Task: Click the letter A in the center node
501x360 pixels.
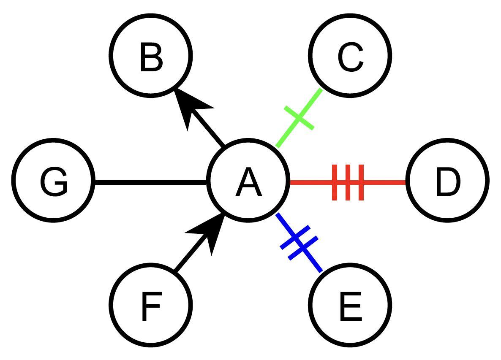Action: [x=249, y=182]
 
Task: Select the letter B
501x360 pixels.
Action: [x=151, y=57]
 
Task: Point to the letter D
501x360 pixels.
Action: [x=447, y=182]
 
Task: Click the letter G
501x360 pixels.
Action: [x=54, y=182]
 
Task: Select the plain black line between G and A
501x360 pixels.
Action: [x=150, y=182]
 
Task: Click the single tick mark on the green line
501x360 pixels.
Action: [x=299, y=118]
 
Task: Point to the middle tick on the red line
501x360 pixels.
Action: [x=348, y=182]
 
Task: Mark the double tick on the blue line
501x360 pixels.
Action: [x=299, y=243]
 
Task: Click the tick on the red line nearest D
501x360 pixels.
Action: [x=361, y=182]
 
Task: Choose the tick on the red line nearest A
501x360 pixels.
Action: [x=335, y=182]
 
